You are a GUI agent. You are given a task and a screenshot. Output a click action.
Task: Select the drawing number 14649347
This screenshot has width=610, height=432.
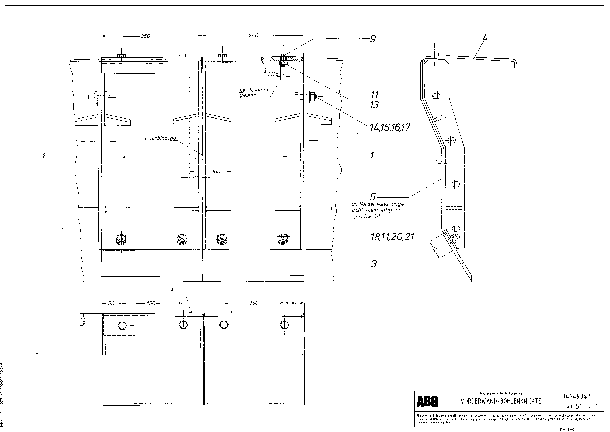pyautogui.click(x=577, y=396)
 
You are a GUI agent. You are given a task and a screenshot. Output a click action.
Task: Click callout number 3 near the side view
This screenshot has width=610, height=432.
pyautogui.click(x=374, y=264)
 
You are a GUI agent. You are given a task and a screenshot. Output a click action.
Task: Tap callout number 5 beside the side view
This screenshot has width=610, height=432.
pyautogui.click(x=373, y=197)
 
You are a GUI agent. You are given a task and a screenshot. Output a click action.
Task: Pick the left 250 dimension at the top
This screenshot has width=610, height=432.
pyautogui.click(x=145, y=36)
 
